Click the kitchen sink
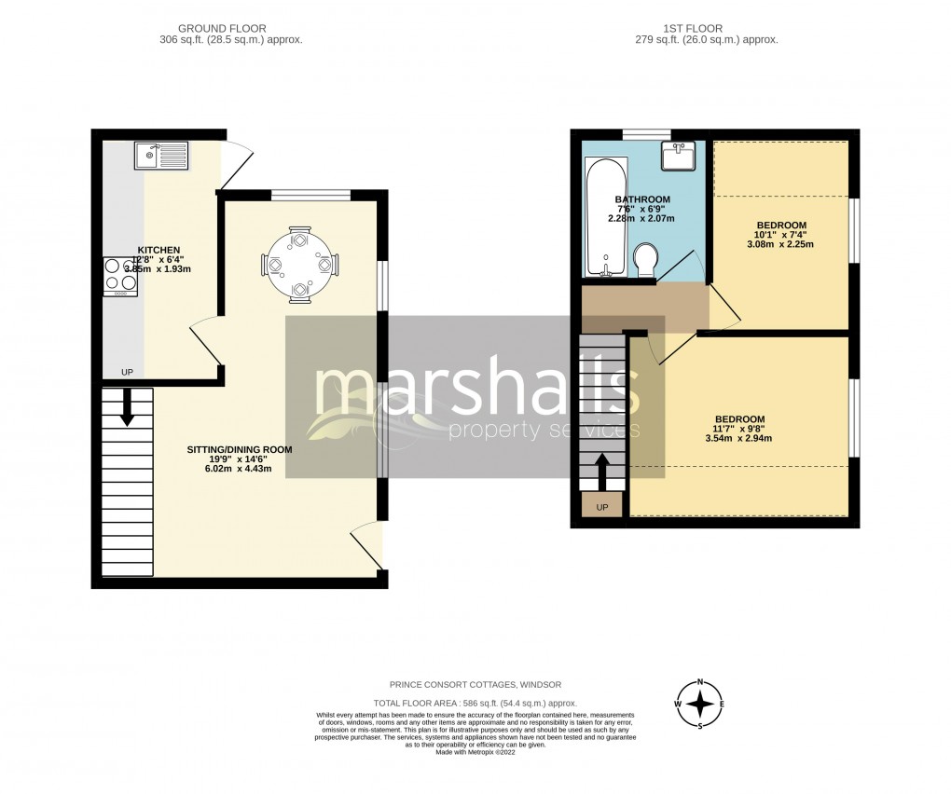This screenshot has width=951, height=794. point(161,156)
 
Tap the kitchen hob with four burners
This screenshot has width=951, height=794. point(120,276)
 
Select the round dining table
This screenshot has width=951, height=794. point(299,265)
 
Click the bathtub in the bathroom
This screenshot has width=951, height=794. point(605,216)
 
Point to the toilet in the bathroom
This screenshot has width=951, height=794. point(645,260)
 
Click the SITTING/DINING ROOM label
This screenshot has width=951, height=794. point(240,449)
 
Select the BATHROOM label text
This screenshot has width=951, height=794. point(641,200)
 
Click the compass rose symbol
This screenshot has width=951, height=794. point(701,704)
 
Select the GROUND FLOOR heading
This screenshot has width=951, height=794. point(229,29)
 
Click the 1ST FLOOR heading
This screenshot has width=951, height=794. point(705,29)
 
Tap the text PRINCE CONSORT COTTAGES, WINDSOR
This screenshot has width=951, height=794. point(475,685)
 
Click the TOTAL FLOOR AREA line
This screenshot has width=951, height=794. point(475,703)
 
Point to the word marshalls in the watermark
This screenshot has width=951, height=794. point(475,392)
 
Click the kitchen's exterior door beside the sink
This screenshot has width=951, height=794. point(237,164)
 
